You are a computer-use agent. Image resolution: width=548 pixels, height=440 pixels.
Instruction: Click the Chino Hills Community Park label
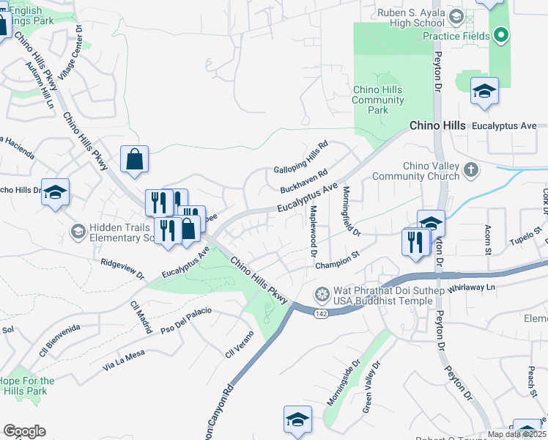(x=377, y=100)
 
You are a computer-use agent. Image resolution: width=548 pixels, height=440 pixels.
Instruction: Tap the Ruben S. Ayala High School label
(x=411, y=18)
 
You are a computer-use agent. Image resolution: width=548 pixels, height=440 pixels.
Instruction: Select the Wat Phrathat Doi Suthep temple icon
(x=321, y=296)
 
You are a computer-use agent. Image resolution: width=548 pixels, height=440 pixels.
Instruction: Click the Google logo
(x=24, y=431)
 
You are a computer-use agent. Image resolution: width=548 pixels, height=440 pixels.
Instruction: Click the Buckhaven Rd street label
(x=303, y=178)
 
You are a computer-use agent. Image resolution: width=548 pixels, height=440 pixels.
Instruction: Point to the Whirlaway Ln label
(x=471, y=287)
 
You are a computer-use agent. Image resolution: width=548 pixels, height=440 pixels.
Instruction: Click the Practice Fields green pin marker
(x=501, y=34)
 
